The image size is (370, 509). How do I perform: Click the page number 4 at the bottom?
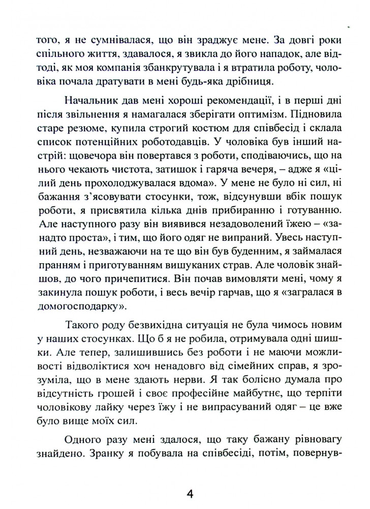[x=191, y=494]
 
